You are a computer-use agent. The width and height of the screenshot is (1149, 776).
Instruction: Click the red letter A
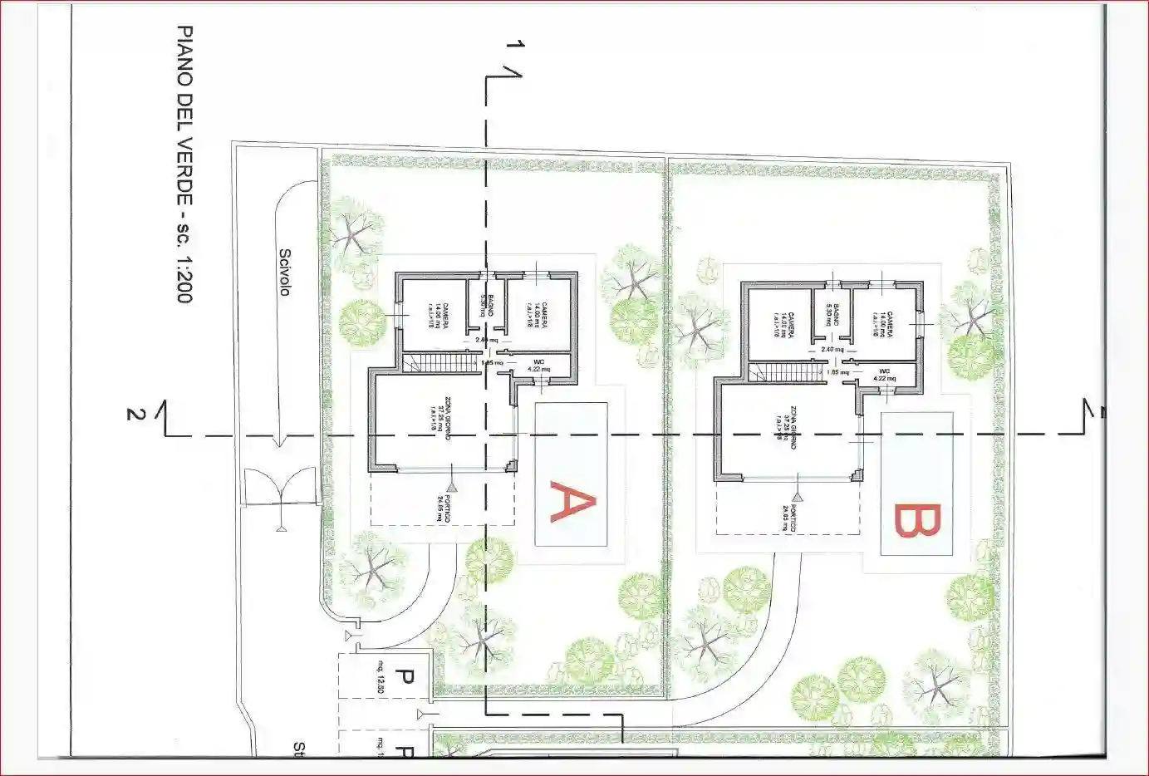coord(572,503)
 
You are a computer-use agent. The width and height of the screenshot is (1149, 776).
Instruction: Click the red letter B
coord(917,520)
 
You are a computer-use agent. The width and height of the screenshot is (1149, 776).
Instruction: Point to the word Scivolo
coord(285,273)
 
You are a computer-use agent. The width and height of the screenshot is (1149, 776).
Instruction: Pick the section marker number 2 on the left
coord(131,413)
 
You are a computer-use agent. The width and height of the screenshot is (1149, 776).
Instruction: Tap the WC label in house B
coord(884,371)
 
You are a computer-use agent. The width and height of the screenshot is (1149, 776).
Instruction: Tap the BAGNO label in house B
coord(833,317)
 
